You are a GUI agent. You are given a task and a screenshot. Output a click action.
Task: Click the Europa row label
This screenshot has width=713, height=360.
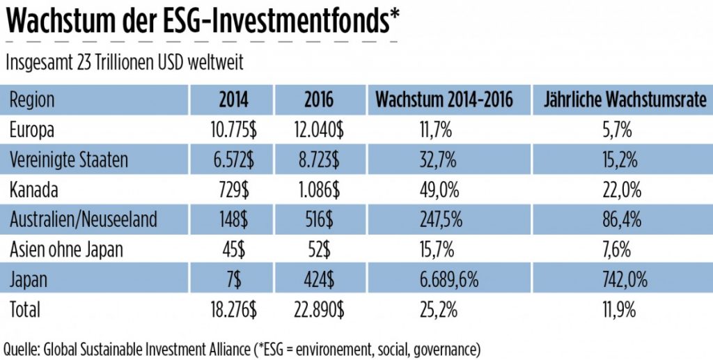[31, 130]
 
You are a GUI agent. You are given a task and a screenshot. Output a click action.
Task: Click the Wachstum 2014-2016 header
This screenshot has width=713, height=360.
[444, 100]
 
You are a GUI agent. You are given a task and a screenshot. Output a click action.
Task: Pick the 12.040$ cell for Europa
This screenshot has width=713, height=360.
[318, 130]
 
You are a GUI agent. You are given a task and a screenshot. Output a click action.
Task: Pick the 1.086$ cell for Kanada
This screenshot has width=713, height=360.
[320, 190]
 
